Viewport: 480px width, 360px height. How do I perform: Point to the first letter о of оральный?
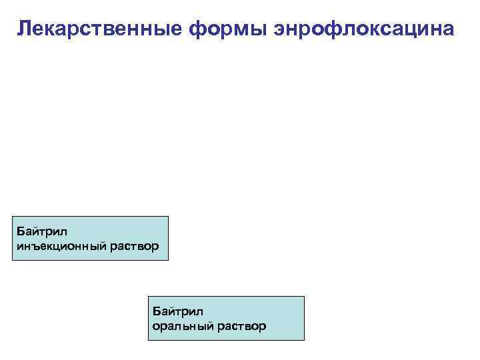click(x=156, y=327)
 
